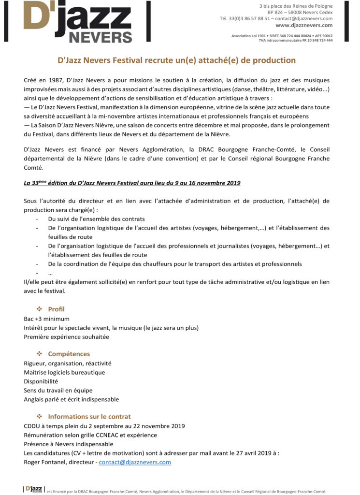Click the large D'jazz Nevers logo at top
77,22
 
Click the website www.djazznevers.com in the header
304,25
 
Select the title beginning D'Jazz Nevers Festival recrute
176,60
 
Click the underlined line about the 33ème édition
132,183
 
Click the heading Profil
56,309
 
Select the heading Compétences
69,354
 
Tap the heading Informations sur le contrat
89,416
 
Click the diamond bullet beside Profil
40,309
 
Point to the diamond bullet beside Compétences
40,354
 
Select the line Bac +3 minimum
46,319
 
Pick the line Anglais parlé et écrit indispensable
71,399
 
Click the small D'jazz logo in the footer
33,489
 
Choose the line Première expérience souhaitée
66,336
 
